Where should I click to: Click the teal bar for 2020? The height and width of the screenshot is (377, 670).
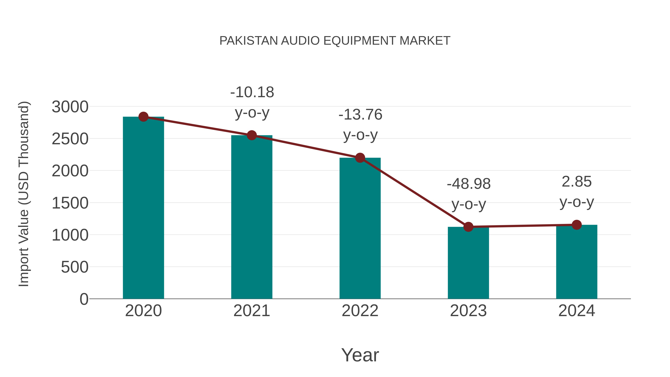[143, 208]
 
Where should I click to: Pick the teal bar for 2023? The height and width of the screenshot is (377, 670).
[468, 263]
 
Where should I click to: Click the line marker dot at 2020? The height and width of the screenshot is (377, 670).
[143, 117]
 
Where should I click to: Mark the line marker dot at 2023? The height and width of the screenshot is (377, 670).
[468, 227]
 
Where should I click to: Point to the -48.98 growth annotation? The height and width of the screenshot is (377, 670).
[468, 194]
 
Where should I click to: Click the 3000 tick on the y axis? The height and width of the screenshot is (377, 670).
[70, 107]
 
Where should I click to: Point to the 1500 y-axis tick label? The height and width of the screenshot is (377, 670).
[70, 203]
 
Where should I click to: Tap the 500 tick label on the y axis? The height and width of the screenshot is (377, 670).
[75, 267]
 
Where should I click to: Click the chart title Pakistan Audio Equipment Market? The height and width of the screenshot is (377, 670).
[335, 41]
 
